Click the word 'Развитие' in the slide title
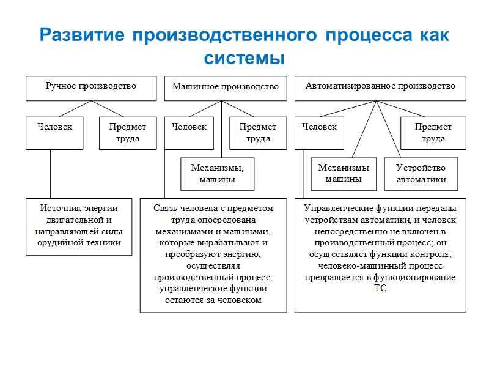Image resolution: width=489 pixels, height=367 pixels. [81, 35]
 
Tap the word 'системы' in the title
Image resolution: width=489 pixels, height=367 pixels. [244, 59]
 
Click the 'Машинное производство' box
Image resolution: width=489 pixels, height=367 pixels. [226, 88]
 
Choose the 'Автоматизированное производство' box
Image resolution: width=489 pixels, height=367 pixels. [380, 87]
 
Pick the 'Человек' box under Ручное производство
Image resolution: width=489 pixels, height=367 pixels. [54, 132]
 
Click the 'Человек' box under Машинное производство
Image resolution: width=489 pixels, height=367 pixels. [189, 132]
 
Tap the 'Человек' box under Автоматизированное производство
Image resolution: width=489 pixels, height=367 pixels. [320, 132]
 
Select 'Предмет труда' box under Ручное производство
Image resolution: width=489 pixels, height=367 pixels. [128, 132]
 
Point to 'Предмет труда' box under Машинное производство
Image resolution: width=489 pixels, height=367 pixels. [258, 132]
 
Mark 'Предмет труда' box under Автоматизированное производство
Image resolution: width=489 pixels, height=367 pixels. [433, 132]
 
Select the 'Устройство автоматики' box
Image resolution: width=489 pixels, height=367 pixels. [421, 173]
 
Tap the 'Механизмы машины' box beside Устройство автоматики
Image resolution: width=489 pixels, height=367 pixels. [343, 173]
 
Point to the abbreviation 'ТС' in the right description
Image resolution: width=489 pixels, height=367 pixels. [380, 289]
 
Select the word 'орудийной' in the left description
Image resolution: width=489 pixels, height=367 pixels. [60, 243]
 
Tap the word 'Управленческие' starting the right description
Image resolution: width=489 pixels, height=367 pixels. [335, 208]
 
